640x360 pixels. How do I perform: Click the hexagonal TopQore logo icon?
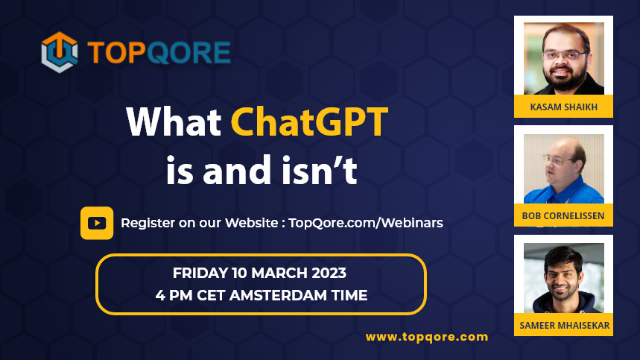coord(60,52)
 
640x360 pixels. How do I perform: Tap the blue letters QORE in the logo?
coord(188,53)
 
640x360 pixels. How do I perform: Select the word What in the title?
coord(174,121)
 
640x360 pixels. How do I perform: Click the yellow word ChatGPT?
coord(309,121)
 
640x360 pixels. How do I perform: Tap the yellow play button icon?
coord(97,223)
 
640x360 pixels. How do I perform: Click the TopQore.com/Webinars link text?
coord(366,223)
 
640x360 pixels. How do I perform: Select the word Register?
coord(148,224)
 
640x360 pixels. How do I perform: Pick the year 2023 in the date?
coord(329,273)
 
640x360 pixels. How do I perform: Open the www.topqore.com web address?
coord(427,337)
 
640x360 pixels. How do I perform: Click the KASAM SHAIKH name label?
coord(564,107)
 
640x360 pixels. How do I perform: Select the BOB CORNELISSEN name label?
coord(563,215)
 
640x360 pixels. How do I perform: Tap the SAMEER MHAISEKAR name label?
coord(565,325)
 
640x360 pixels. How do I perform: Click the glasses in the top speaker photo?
coord(565,55)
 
